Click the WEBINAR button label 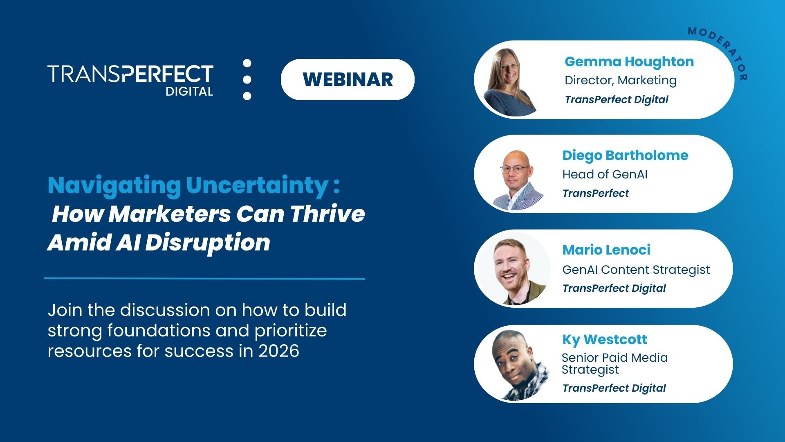click(348, 79)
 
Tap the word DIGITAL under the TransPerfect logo click(189, 91)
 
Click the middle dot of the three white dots click(247, 79)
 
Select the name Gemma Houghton click(629, 62)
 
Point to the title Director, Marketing click(620, 80)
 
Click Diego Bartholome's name click(625, 156)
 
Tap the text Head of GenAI click(604, 174)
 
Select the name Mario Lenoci click(606, 250)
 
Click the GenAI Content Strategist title click(636, 270)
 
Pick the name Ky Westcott click(604, 339)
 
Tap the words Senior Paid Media click(614, 358)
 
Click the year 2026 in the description click(278, 351)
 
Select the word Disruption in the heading click(208, 243)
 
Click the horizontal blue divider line click(204, 279)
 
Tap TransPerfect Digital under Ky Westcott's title click(614, 388)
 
